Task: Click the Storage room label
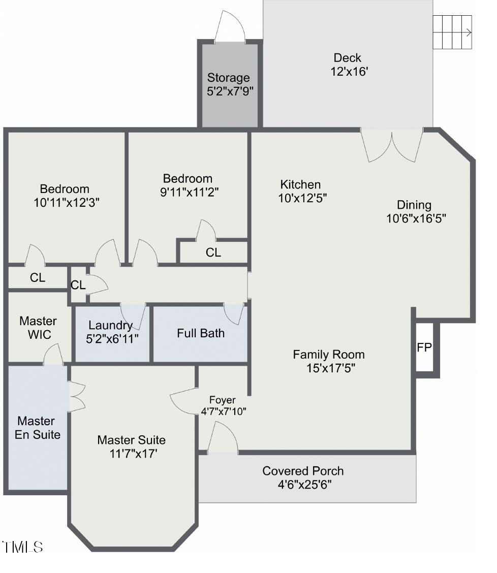tap(228, 78)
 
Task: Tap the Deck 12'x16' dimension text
tap(349, 72)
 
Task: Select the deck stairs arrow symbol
tap(468, 33)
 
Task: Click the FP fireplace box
tap(424, 348)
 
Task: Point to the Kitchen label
tap(301, 184)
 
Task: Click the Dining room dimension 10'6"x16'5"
tap(416, 218)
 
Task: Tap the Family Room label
tap(329, 355)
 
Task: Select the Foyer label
tap(223, 400)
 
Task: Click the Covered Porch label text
tap(303, 471)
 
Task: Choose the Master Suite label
tap(131, 440)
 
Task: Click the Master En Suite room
tap(39, 428)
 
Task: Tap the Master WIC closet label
tap(38, 328)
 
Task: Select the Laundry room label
tap(110, 325)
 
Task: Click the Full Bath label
tap(201, 333)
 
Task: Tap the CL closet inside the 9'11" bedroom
tap(213, 252)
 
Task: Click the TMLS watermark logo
tap(23, 547)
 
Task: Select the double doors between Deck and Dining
tap(392, 146)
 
